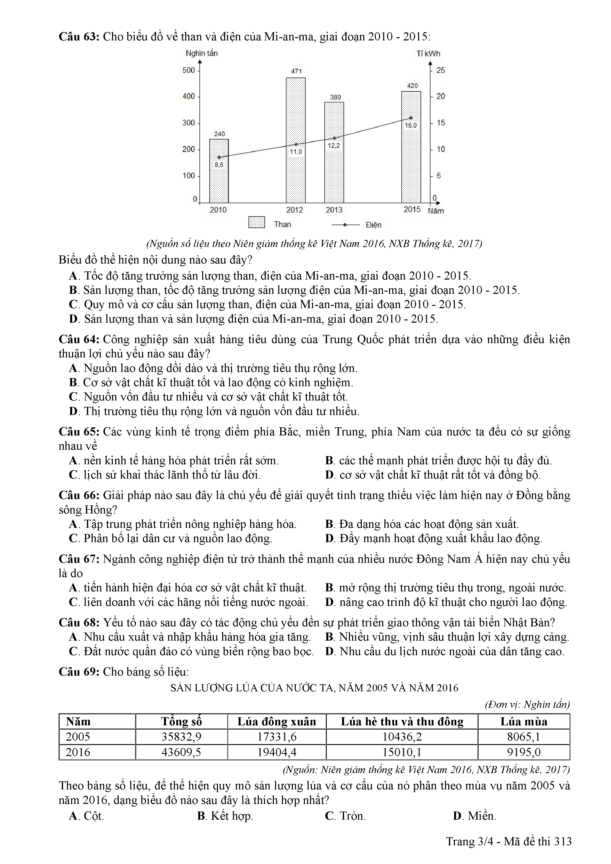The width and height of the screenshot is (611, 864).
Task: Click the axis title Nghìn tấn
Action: [x=202, y=53]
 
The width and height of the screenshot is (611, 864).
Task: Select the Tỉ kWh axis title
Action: [x=428, y=54]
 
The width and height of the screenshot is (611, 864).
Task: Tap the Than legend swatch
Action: [x=257, y=222]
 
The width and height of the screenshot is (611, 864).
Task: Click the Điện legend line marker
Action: [x=345, y=225]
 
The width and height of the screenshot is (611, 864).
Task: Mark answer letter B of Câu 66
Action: [x=330, y=524]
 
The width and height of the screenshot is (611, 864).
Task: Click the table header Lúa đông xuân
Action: [x=277, y=721]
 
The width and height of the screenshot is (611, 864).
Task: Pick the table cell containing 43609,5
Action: [x=181, y=752]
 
